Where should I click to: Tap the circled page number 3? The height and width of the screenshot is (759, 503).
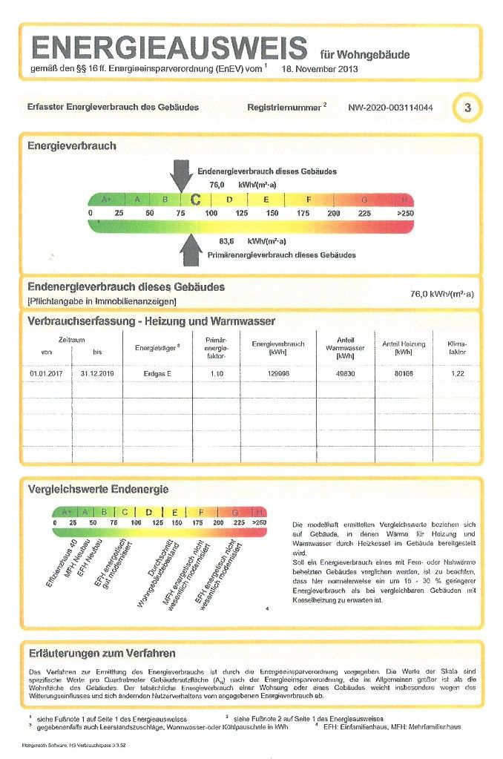[467, 108]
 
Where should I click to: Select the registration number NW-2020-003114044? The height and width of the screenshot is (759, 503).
[390, 108]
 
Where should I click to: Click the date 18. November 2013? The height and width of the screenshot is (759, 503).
[320, 69]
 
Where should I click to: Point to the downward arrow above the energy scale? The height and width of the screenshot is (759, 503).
[181, 175]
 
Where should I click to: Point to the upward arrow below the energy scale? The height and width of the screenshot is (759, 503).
[192, 249]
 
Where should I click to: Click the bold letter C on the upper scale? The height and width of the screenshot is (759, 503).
[196, 200]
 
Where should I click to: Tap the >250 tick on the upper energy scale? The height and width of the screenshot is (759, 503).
[404, 213]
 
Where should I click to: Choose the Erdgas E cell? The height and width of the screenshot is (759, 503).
[157, 373]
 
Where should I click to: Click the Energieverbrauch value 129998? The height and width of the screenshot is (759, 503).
[278, 373]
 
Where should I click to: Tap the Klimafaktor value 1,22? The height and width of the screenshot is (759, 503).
[457, 373]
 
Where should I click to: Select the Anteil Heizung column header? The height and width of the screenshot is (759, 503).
[403, 344]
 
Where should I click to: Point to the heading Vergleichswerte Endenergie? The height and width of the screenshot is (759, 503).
[98, 489]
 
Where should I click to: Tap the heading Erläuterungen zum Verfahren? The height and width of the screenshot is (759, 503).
[102, 653]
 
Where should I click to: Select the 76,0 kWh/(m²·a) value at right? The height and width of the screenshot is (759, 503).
[441, 294]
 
